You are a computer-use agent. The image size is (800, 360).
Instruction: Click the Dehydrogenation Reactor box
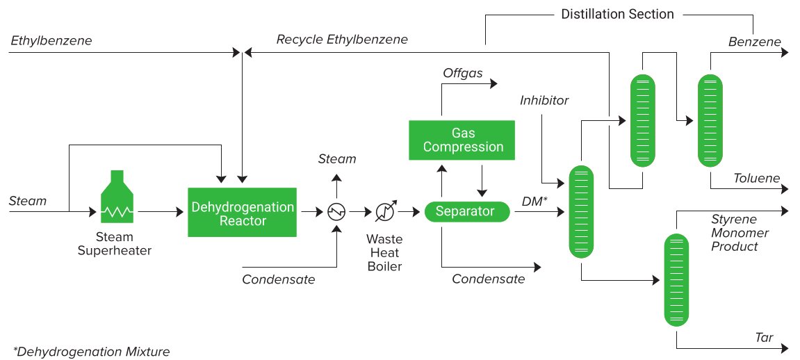pos(243,212)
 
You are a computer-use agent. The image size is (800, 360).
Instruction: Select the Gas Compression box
pos(462,140)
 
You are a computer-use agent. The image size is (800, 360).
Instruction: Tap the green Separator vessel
pos(467,211)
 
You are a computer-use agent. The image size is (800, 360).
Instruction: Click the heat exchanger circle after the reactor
pos(336,211)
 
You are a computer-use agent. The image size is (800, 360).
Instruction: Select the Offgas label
pos(463,74)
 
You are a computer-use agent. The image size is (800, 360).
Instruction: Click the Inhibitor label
pos(544,100)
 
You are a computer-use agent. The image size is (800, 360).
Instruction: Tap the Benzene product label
pos(755,41)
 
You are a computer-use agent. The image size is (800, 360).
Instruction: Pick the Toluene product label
pos(757,178)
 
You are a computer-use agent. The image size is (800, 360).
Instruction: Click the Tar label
pos(764,337)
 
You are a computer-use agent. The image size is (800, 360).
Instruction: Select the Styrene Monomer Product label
pos(740,233)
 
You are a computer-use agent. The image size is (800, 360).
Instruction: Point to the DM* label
pos(534,202)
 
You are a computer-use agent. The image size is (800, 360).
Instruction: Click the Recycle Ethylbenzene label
pos(342,39)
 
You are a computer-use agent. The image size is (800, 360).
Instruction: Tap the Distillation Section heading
pos(617,15)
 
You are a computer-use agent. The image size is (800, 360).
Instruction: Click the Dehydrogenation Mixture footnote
pos(91,352)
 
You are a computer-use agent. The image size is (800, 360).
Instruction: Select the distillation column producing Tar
pos(676,279)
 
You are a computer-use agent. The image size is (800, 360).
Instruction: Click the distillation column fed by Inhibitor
pos(582,211)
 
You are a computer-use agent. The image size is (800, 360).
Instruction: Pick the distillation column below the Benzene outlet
pos(710,121)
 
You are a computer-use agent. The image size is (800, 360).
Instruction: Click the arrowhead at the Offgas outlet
pos(493,83)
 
